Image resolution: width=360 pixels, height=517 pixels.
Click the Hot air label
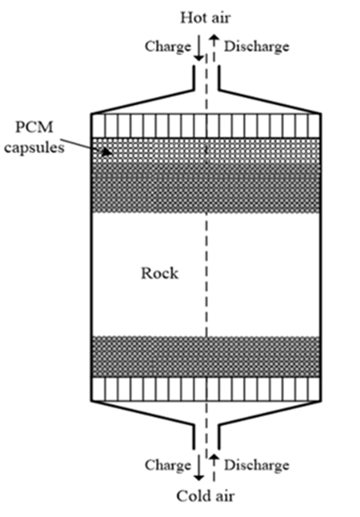[x=205, y=18]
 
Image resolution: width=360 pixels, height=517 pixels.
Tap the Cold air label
[x=206, y=496]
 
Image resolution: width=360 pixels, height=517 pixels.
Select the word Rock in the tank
[x=160, y=274]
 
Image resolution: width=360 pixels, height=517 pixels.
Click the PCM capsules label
[x=34, y=137]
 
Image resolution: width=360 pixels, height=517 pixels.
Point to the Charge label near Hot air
[x=168, y=46]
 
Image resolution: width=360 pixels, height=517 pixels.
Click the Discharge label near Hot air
[x=257, y=46]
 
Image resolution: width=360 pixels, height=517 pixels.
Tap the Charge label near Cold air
[x=168, y=465]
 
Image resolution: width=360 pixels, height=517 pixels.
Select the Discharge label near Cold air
[x=257, y=465]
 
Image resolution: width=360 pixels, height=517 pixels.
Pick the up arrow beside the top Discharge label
[x=214, y=48]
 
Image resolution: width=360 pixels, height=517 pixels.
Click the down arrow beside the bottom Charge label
[x=198, y=467]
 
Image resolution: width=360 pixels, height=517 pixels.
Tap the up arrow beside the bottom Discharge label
[x=214, y=467]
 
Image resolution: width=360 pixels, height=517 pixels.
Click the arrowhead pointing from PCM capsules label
[x=107, y=152]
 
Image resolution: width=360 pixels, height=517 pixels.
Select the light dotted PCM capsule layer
[x=206, y=150]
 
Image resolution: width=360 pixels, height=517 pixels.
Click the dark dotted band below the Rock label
[x=206, y=356]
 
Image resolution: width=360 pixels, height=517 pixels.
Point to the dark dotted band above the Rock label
[x=206, y=188]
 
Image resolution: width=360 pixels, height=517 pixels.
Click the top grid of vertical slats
[x=206, y=126]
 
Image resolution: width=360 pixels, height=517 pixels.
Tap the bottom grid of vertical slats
[x=206, y=389]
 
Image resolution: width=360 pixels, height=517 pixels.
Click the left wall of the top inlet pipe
[x=194, y=78]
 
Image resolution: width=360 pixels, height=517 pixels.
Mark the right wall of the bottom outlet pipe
[x=219, y=438]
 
